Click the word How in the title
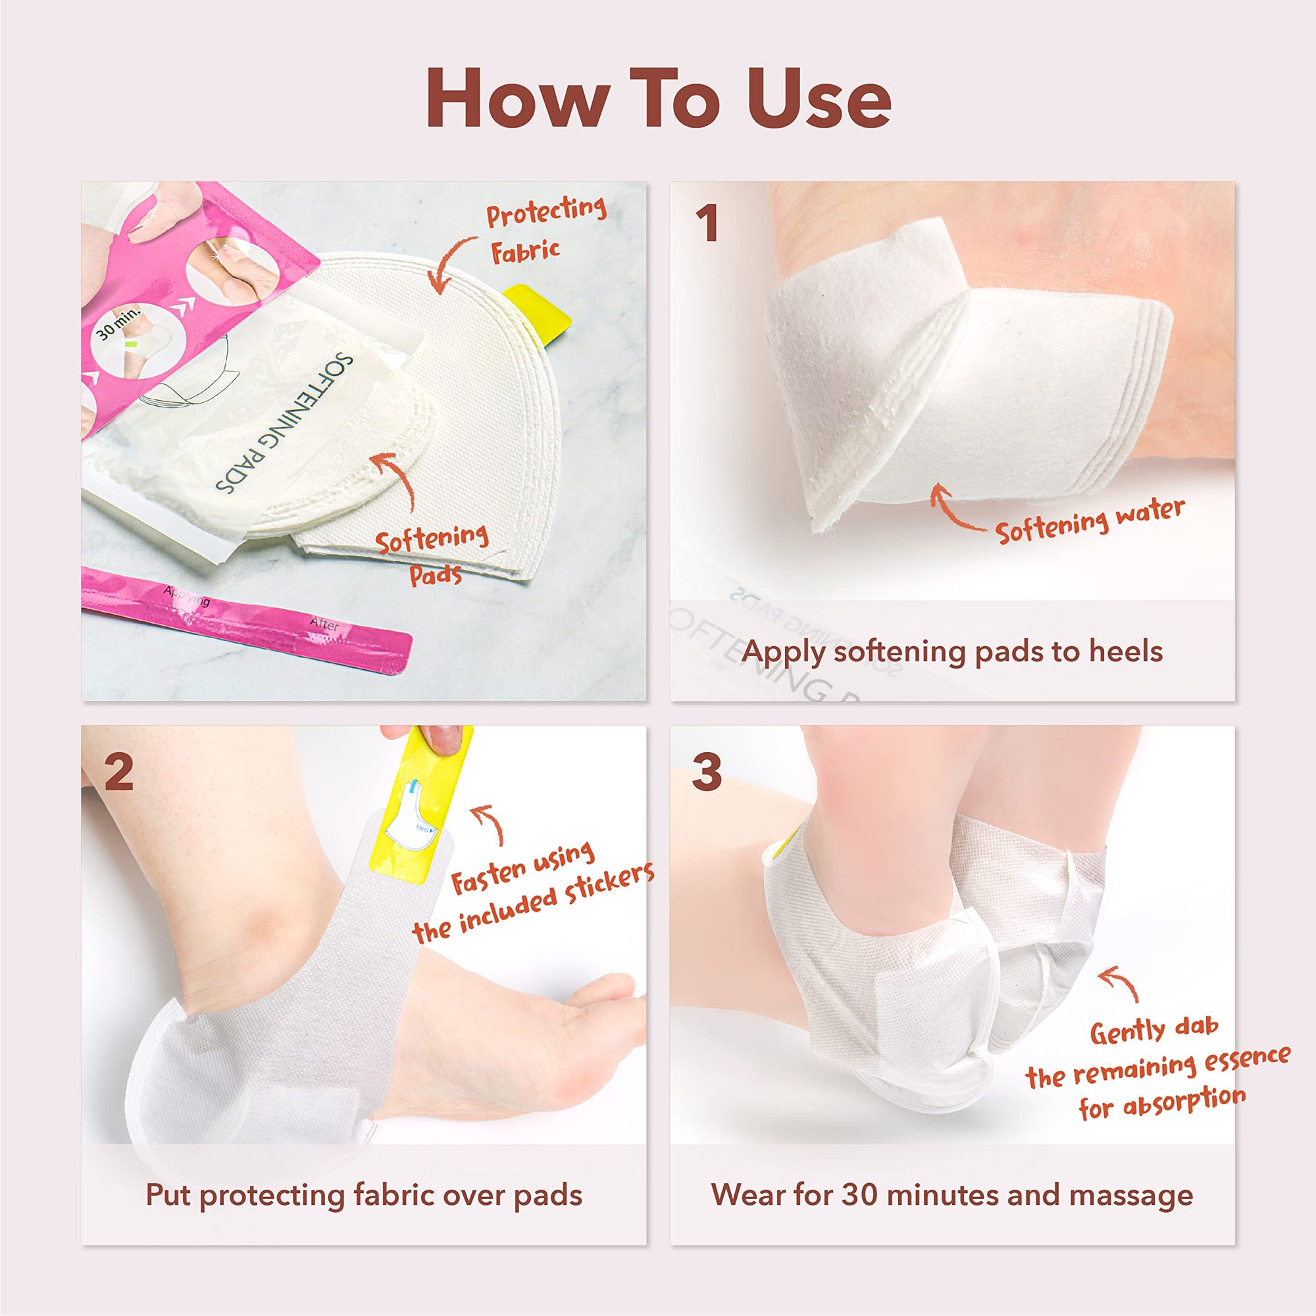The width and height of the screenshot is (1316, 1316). point(511,99)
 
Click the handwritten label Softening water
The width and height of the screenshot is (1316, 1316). point(1090,521)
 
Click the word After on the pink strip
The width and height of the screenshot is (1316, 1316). point(324,623)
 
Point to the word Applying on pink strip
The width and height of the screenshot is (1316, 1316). point(186,597)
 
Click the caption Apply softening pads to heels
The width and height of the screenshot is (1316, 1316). point(952,652)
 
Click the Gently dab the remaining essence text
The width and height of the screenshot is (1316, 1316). point(1158,1070)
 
